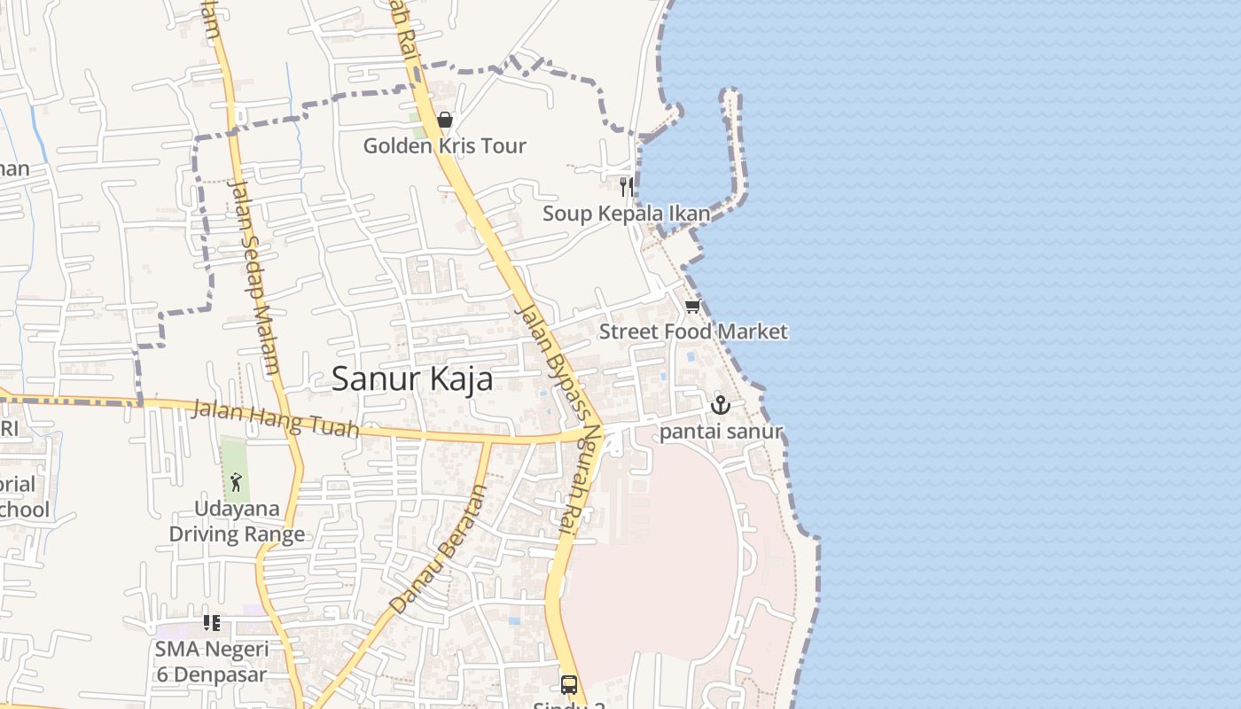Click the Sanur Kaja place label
coord(412,379)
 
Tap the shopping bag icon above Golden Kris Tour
coord(445,120)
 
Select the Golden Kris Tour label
coord(445,146)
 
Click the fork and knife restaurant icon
coord(626,186)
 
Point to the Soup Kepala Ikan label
coord(626,214)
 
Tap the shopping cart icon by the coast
coord(692,306)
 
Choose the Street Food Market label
coord(693,331)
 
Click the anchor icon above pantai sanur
coord(721,406)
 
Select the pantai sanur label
coord(721,432)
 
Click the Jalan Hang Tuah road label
coord(276,419)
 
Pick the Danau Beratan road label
coord(439,549)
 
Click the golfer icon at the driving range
coord(236,482)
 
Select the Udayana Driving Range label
coord(237,522)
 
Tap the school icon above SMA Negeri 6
coord(211,623)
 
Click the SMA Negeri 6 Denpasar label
coord(211,661)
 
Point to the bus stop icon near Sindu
coord(569,685)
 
